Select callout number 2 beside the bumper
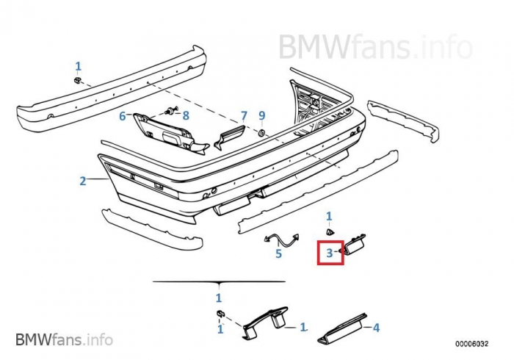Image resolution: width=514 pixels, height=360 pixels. (x=82, y=181)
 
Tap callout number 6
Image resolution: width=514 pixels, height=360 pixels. (x=123, y=116)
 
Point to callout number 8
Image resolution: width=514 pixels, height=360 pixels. (x=186, y=115)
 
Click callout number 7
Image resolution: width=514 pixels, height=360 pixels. (x=244, y=116)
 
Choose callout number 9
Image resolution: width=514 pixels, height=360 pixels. (x=262, y=115)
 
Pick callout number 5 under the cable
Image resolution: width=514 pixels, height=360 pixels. (x=278, y=253)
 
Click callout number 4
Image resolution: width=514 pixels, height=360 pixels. (x=376, y=327)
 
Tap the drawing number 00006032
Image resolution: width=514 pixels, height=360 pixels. (x=471, y=344)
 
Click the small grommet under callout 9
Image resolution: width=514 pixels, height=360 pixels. (x=261, y=133)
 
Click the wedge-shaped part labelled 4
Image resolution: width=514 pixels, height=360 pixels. (x=343, y=329)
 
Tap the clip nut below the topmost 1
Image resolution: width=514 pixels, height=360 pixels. (x=77, y=80)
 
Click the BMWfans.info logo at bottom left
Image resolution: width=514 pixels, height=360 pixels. (x=65, y=339)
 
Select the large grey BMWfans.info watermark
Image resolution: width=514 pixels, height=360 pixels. (x=376, y=46)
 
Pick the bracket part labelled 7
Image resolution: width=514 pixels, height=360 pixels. (x=230, y=136)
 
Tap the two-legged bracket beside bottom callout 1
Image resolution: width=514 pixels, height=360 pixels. (x=266, y=323)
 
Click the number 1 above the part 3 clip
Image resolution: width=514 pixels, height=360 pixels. (x=329, y=217)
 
